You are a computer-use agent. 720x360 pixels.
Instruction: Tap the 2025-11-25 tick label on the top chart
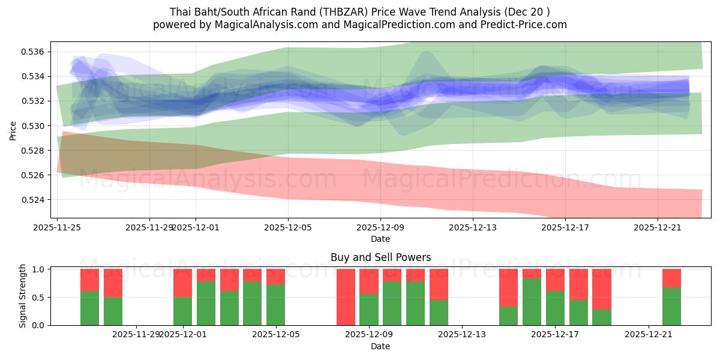coord(57,227)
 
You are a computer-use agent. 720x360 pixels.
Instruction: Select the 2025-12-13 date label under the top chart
coord(473,227)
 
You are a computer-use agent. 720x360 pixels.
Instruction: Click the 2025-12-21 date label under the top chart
coord(658,227)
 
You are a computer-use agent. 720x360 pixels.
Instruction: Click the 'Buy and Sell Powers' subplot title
coord(380,257)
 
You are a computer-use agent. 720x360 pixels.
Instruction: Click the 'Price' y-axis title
coord(13,130)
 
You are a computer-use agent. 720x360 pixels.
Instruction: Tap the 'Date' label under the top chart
coord(380,239)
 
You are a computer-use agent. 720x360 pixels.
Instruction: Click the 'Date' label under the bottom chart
coord(380,346)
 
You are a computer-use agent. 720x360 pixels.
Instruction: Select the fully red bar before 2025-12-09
coord(346,297)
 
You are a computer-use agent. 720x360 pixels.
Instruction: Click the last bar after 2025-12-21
coord(671,297)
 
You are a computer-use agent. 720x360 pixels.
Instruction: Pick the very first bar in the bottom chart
coord(89,297)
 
